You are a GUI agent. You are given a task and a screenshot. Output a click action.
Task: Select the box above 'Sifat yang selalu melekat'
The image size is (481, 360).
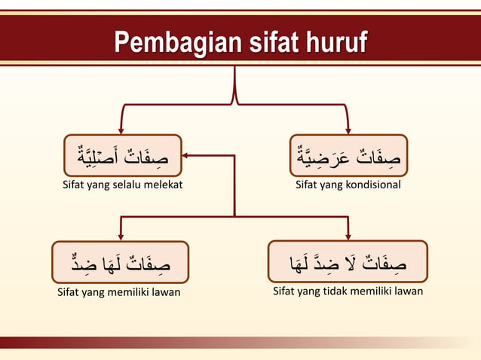[122, 156]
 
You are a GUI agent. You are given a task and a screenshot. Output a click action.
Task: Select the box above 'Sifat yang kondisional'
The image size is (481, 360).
[348, 156]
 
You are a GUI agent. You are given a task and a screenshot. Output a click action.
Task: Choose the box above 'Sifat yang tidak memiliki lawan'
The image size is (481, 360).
[348, 262]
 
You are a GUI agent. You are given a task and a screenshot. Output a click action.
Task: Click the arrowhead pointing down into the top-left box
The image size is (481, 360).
[121, 130]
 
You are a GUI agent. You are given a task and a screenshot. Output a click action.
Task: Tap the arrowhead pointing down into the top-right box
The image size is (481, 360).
[348, 130]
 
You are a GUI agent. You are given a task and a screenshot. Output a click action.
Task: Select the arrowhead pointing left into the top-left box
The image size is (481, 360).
[185, 156]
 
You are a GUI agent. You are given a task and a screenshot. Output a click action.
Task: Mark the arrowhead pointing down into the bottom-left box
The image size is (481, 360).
[121, 236]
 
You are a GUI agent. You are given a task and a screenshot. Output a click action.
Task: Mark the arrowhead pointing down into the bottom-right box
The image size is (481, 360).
[348, 236]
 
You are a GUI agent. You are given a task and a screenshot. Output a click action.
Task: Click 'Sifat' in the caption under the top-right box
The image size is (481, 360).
[306, 185]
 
